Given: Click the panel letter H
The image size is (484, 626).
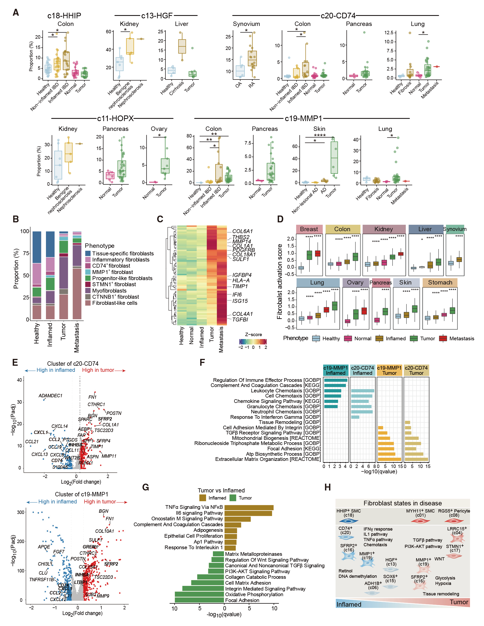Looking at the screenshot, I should (327, 487).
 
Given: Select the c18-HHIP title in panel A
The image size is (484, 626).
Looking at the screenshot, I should (64, 15).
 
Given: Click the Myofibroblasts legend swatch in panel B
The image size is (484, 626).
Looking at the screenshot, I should (88, 291).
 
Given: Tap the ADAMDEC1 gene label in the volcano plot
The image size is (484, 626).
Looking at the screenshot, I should (50, 396).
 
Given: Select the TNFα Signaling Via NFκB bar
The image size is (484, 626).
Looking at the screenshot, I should (249, 508).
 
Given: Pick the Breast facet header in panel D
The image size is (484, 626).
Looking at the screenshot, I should (309, 229).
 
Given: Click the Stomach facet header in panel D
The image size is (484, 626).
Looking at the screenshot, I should (440, 282).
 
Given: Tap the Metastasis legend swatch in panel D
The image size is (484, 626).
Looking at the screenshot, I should (443, 339).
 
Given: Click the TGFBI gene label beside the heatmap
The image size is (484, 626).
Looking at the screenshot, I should (240, 319).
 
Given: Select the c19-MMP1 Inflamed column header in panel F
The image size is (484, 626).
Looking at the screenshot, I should (335, 370).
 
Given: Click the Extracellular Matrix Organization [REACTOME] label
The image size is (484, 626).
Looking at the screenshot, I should (268, 459).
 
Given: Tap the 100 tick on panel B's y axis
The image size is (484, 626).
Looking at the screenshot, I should (25, 231).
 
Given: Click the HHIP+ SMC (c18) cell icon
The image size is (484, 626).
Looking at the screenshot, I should (348, 521).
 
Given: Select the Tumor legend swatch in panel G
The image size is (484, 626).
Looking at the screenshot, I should (233, 498).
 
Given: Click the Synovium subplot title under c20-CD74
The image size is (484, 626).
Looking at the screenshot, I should (246, 24).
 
